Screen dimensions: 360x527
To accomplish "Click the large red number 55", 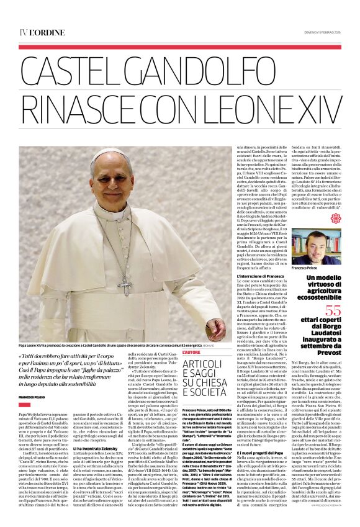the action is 335,309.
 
